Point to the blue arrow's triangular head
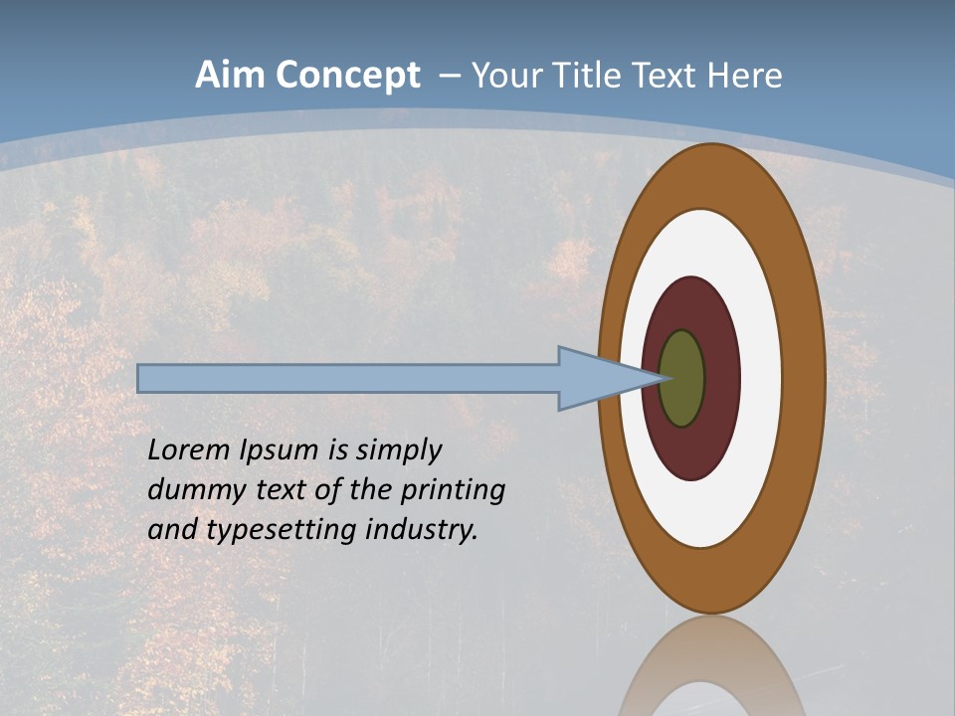tap(597, 379)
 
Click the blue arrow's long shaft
tap(348, 379)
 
